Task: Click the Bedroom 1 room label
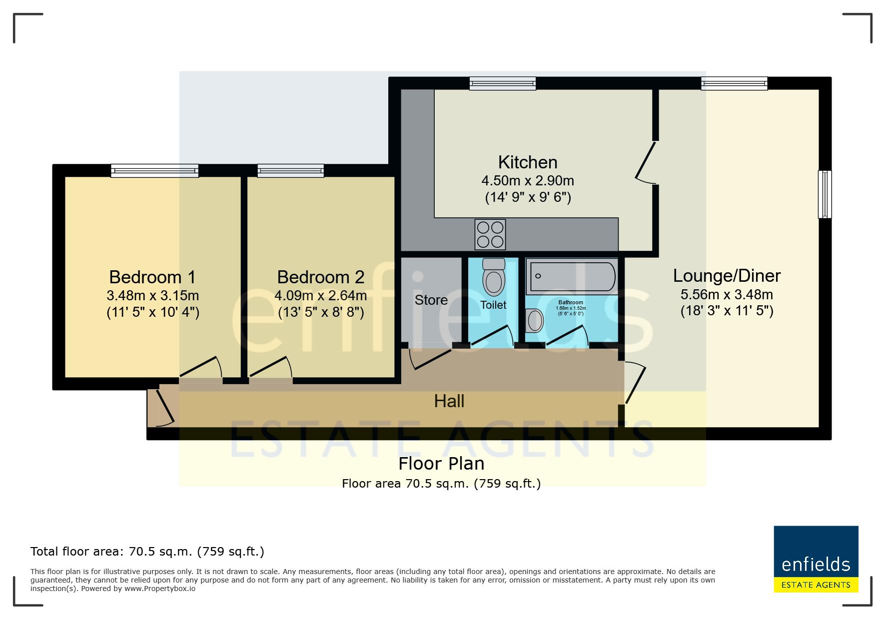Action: point(152,277)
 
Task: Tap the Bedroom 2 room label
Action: point(321,277)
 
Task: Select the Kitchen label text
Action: point(528,162)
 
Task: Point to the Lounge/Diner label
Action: point(727,276)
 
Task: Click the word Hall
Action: point(449,401)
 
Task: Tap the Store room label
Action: point(431,300)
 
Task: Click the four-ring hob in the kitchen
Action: point(490,234)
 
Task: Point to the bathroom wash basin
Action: point(535,320)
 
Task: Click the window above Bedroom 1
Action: point(154,171)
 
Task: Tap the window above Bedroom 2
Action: point(290,171)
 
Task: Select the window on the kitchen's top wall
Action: point(502,83)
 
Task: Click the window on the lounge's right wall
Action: point(825,194)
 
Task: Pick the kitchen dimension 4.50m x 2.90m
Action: point(528,180)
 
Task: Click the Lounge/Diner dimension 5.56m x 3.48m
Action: point(727,294)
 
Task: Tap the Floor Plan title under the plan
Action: point(441,464)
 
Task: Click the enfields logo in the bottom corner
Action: point(816,559)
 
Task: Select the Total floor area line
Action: point(147,552)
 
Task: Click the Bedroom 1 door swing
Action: point(200,367)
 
